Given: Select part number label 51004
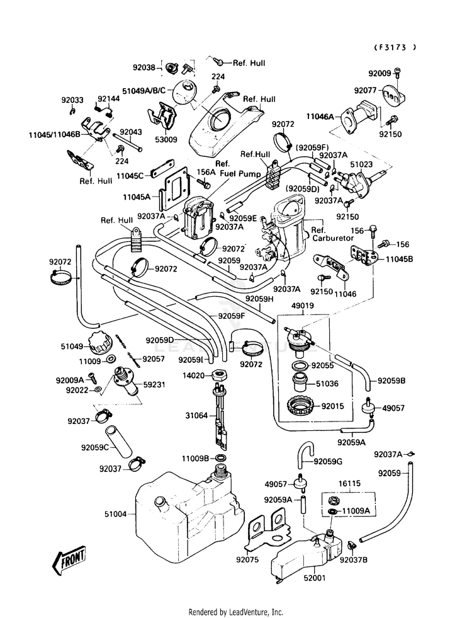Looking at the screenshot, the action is (x=115, y=514).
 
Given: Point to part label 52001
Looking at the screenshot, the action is (x=315, y=578).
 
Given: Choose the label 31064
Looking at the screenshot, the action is (x=196, y=415).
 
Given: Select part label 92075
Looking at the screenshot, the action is (x=247, y=559).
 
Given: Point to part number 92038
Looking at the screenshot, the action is (x=144, y=67).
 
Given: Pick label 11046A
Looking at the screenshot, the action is (x=320, y=117).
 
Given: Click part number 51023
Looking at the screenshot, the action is (x=361, y=164).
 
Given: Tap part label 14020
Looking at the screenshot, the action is (x=193, y=375).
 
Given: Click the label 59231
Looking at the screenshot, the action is (x=154, y=384).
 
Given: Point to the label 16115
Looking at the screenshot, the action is (x=349, y=484).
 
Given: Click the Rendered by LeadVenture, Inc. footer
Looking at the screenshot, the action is (x=236, y=612).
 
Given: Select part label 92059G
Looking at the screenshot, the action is (x=328, y=461).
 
